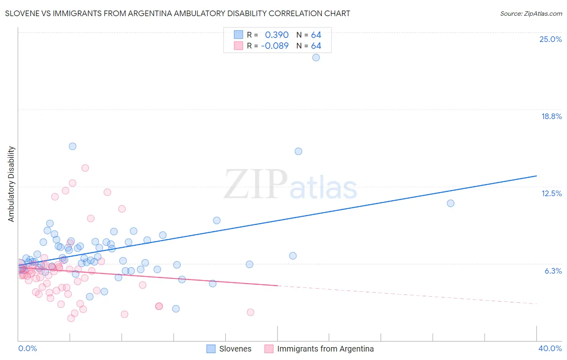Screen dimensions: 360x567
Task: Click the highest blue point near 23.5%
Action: pyautogui.click(x=316, y=57)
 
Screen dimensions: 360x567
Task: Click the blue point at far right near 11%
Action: pyautogui.click(x=450, y=203)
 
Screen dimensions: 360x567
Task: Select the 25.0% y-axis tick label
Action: pyautogui.click(x=550, y=39)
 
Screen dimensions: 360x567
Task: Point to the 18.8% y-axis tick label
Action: pyautogui.click(x=551, y=116)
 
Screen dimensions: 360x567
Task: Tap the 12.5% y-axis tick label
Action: pyautogui.click(x=551, y=193)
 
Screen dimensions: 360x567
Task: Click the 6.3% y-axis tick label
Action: pyautogui.click(x=553, y=271)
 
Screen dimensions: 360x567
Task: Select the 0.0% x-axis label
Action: pyautogui.click(x=27, y=348)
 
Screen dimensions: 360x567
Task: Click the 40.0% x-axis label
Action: pyautogui.click(x=550, y=348)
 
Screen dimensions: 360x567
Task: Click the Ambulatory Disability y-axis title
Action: pyautogui.click(x=11, y=184)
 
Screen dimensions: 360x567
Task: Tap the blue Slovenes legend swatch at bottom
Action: pyautogui.click(x=211, y=349)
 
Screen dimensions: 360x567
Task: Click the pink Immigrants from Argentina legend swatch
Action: pyautogui.click(x=269, y=349)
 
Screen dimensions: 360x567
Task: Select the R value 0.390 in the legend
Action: pyautogui.click(x=277, y=35)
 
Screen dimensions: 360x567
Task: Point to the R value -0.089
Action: pyautogui.click(x=275, y=46)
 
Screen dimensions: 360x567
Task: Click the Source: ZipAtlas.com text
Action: pyautogui.click(x=531, y=14)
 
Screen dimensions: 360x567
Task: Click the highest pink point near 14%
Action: pyautogui.click(x=85, y=168)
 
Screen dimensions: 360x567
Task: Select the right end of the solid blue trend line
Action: pyautogui.click(x=536, y=176)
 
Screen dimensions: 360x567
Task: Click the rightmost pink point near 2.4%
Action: pyautogui.click(x=250, y=312)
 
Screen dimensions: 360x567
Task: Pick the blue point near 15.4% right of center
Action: pyautogui.click(x=298, y=151)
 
